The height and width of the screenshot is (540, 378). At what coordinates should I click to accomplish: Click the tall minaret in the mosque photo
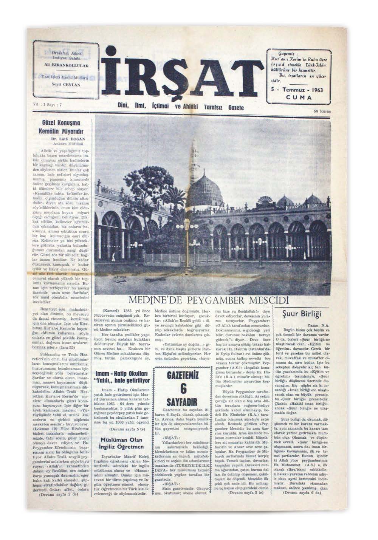coord(194,159)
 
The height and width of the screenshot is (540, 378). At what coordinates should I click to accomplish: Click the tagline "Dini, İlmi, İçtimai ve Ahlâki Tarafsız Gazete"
coord(180,107)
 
